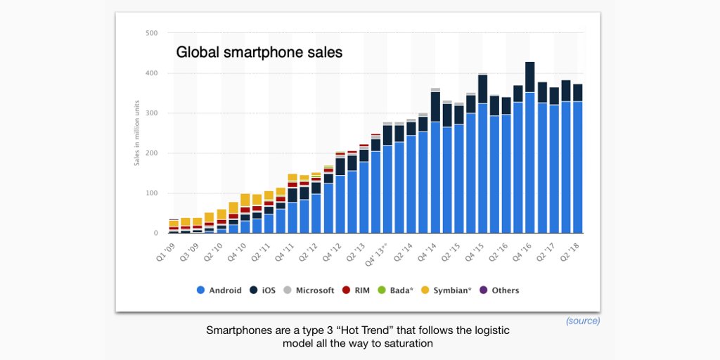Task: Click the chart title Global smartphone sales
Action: coord(259,52)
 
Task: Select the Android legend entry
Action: coord(219,290)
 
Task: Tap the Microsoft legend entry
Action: coord(309,290)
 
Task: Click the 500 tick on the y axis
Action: coord(151,33)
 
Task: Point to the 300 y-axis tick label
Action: coord(151,113)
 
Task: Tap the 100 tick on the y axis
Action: coord(151,193)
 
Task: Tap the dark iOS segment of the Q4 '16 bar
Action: coord(530,77)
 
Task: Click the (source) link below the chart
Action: coord(583,321)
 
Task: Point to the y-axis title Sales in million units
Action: coord(138,133)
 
